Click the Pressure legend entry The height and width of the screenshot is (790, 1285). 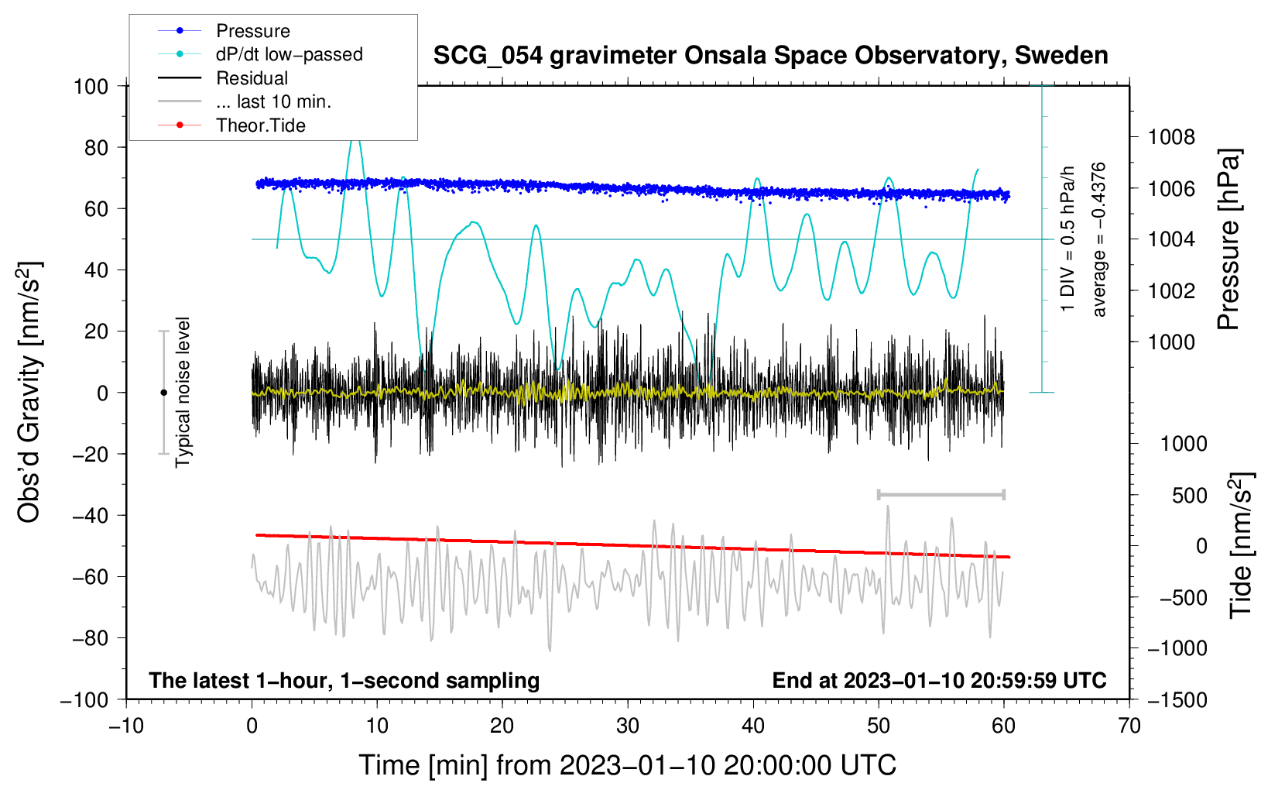224,30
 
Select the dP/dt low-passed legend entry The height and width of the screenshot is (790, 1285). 260,54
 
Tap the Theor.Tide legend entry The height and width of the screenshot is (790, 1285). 231,125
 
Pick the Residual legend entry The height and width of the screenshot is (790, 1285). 223,78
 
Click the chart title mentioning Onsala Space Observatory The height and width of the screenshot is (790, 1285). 770,56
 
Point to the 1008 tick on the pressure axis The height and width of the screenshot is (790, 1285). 1171,137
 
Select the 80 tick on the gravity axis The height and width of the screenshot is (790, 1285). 96,148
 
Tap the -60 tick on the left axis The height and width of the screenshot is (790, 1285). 90,576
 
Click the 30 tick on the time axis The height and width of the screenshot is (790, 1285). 628,726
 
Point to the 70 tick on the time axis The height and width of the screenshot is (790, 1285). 1129,726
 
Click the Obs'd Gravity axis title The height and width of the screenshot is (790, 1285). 29,392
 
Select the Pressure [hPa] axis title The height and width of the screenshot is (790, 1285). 1228,239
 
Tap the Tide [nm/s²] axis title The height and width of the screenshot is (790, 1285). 1242,545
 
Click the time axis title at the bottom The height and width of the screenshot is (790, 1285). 628,765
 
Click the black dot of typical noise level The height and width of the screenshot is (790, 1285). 163,393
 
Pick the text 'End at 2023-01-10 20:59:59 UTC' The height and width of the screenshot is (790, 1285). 939,680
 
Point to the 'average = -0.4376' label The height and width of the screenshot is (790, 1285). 1098,239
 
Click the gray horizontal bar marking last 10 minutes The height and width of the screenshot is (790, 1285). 941,494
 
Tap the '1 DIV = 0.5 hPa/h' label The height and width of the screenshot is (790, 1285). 1067,239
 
